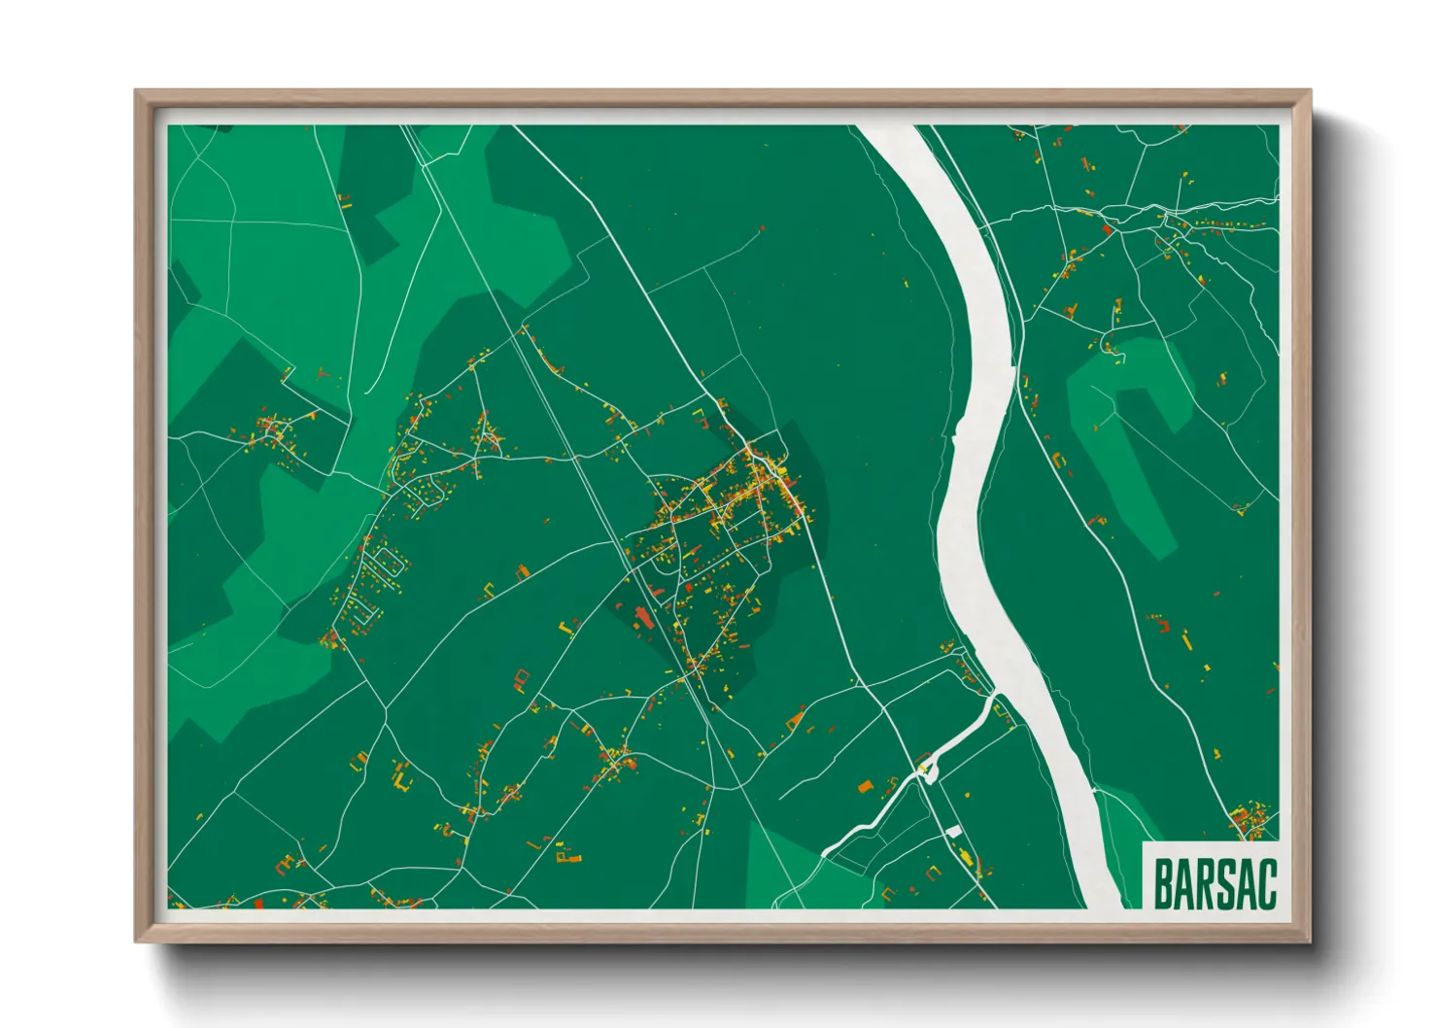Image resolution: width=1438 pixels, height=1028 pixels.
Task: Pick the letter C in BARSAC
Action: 1264,883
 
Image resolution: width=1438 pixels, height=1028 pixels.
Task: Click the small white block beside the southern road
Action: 954,831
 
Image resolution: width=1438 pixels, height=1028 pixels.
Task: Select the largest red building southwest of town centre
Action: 641,617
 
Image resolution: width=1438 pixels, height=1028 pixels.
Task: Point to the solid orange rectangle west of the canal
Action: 865,786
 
